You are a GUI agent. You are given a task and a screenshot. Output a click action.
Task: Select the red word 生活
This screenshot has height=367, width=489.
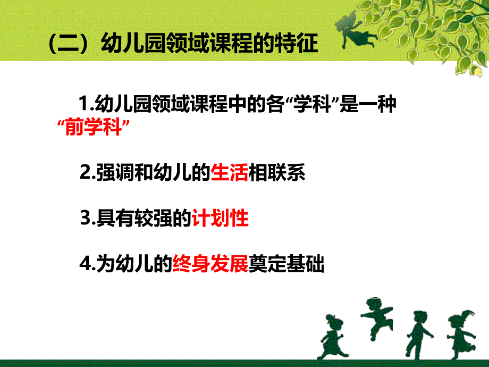(230, 173)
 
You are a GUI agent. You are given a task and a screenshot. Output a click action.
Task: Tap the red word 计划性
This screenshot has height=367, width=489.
(220, 219)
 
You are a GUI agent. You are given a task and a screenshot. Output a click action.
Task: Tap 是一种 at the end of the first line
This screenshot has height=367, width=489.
(370, 104)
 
